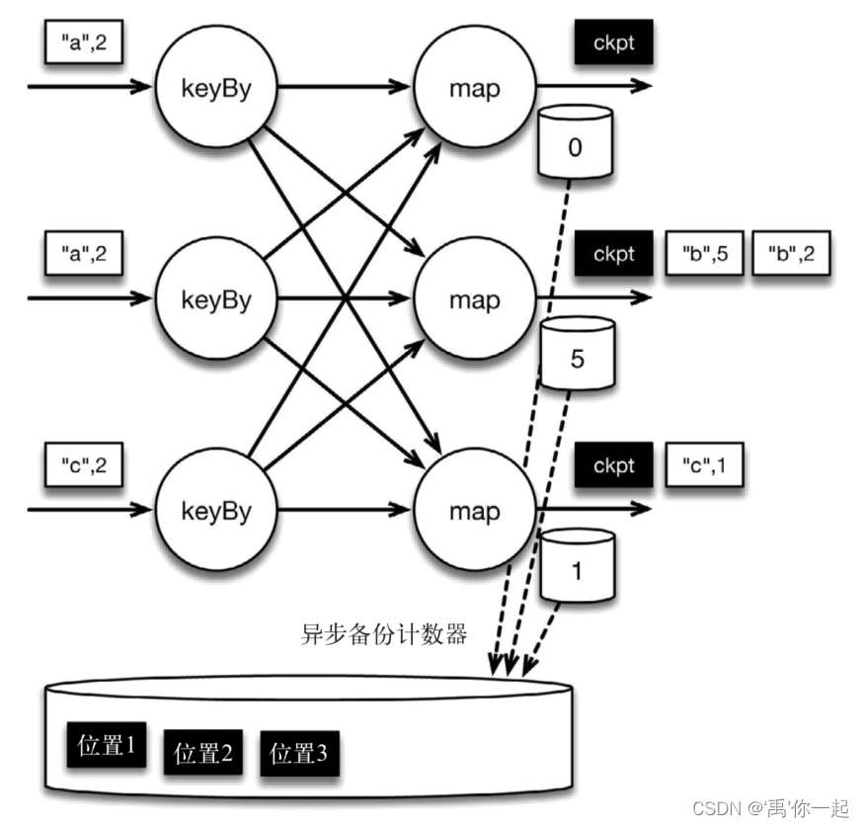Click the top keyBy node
[214, 87]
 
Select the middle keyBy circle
[214, 298]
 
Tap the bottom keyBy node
[214, 511]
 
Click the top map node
[474, 87]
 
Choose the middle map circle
[474, 298]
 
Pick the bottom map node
[474, 511]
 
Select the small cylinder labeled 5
[577, 354]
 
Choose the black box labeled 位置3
[299, 755]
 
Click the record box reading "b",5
[704, 254]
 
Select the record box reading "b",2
[791, 254]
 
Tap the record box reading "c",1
[705, 465]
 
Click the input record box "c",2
[84, 465]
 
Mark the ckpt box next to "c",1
[613, 465]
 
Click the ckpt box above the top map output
[613, 42]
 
